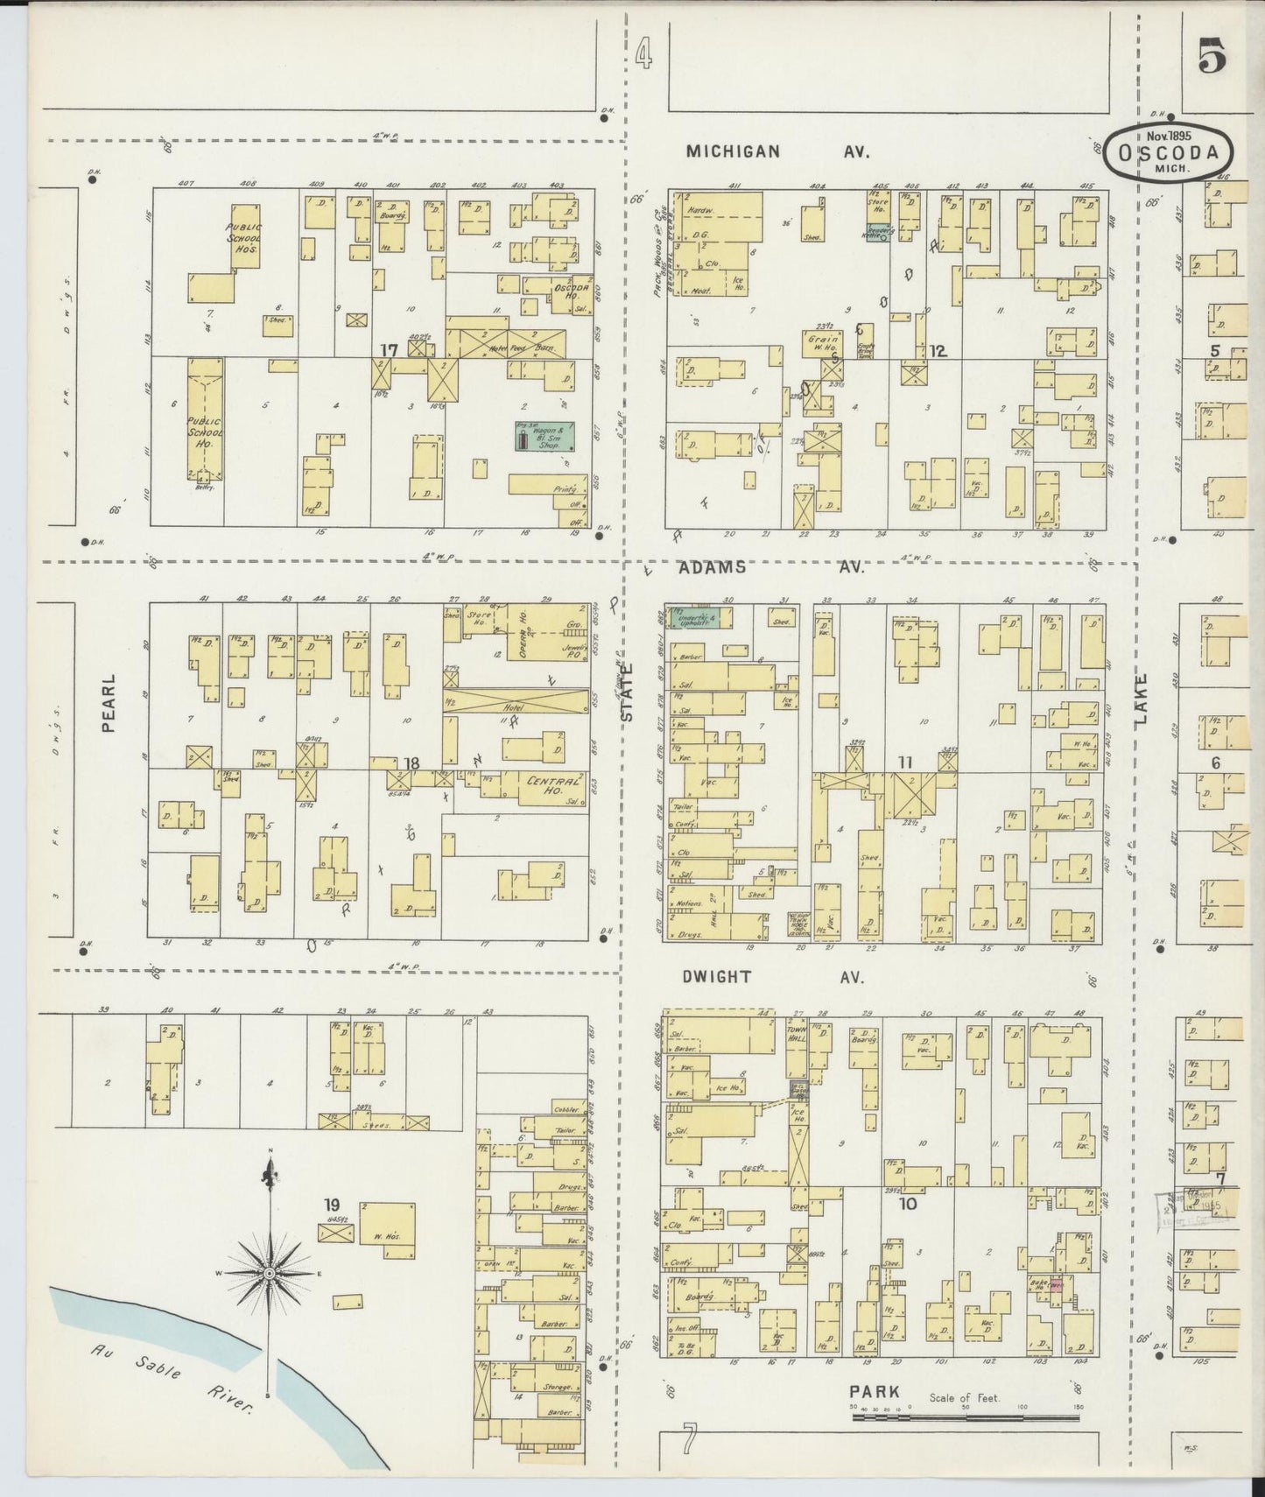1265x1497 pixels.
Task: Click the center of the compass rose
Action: point(271,1271)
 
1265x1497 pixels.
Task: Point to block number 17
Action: point(389,350)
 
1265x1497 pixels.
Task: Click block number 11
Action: point(904,763)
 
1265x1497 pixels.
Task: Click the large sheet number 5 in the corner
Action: point(1212,59)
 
